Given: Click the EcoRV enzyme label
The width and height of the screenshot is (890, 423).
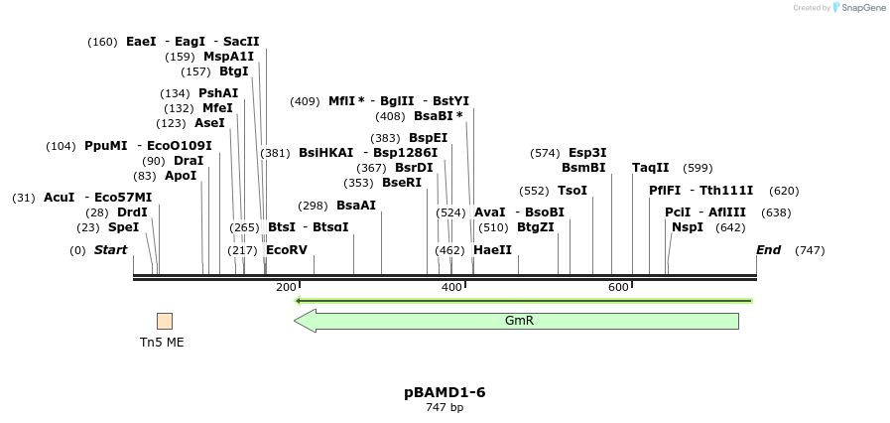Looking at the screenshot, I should point(287,250).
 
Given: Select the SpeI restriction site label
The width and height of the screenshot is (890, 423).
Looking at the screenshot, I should point(123,227).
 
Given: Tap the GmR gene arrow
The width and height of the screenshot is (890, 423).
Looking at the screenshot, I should point(517,321).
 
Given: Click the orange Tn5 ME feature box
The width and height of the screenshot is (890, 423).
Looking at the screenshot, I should point(165,321).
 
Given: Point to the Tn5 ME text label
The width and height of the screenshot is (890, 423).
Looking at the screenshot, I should point(162,343).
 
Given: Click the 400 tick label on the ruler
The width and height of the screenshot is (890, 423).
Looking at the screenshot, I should point(451,288).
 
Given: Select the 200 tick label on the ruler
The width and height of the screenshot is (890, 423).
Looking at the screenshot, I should point(286,288).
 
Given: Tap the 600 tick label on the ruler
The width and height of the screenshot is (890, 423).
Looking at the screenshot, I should point(618,288).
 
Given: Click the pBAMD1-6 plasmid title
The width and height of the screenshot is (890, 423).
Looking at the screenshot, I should point(445,392).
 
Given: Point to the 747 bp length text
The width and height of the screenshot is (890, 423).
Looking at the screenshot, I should point(445,408).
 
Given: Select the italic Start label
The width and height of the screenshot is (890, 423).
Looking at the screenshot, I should point(110,250).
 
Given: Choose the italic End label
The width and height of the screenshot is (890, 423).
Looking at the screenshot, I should point(768,250).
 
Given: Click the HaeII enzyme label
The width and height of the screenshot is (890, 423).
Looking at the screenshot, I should point(492,250).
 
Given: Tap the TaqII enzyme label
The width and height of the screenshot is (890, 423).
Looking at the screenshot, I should point(651,168).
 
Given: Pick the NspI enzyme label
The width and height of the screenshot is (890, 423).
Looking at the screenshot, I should point(688,227).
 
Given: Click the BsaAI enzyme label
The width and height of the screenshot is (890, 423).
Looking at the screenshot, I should point(356,206).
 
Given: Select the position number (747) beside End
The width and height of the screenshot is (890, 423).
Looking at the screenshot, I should point(810,250).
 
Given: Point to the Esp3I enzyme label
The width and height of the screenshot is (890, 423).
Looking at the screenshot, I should point(587,153).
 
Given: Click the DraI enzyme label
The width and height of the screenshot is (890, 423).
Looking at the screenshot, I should point(189,161).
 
